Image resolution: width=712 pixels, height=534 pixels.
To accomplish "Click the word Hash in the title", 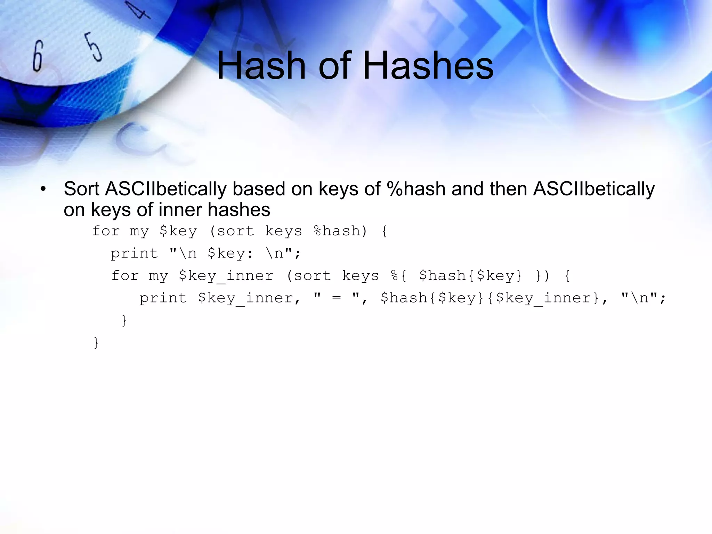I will (261, 65).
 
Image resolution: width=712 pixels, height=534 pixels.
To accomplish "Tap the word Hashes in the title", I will (428, 65).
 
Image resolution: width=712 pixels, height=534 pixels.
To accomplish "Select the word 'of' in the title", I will (334, 65).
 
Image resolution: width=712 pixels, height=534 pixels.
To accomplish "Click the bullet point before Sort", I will (43, 189).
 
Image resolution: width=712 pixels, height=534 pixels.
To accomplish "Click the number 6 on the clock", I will (38, 56).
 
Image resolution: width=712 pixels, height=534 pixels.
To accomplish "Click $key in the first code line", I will (178, 231).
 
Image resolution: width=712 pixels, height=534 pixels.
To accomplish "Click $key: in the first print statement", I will (230, 253).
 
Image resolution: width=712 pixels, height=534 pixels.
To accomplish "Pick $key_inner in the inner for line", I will (226, 276).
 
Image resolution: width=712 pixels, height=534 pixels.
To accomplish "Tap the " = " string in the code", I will (336, 298).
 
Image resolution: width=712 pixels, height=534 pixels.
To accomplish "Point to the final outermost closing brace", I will (96, 343).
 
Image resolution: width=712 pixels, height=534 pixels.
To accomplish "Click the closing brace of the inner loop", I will (124, 320).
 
